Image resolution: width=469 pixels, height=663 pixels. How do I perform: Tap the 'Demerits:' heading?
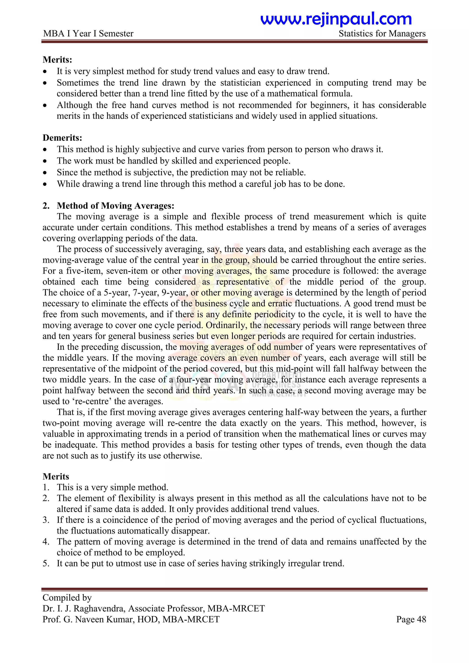(62, 138)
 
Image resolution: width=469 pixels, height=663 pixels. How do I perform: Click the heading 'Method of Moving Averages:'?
(115, 206)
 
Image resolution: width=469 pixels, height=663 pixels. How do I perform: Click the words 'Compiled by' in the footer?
(67, 598)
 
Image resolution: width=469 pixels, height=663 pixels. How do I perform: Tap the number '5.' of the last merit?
(46, 563)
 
